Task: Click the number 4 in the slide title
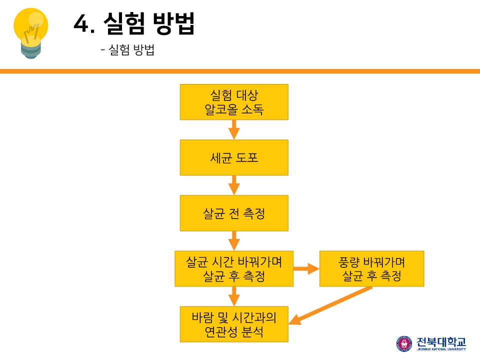coord(81,23)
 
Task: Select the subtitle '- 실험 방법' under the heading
coord(127,50)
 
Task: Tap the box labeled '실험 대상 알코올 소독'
coord(234,102)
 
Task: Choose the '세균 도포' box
coord(234,157)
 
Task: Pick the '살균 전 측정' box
coord(234,213)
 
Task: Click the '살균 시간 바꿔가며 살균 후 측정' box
coord(234,268)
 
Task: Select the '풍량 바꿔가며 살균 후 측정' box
coord(371,268)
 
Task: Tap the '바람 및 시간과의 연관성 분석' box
coord(234,324)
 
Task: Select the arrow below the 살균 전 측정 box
coord(234,240)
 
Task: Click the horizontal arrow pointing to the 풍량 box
coord(306,268)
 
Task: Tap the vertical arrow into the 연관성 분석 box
coord(234,296)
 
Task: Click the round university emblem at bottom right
coord(404,343)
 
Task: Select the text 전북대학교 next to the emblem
coord(440,341)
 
